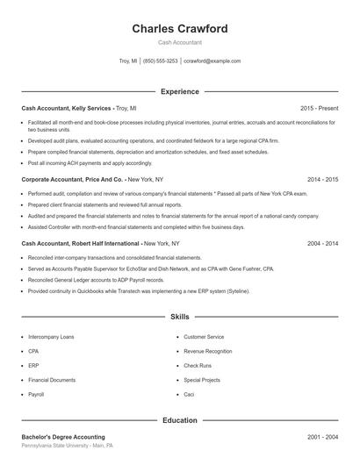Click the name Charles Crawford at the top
(179, 29)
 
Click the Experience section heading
(179, 91)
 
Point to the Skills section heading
(179, 316)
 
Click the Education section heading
(179, 420)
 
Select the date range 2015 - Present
(319, 108)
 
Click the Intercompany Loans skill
(51, 337)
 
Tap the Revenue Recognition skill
(207, 351)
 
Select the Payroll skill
(36, 395)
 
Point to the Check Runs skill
(198, 366)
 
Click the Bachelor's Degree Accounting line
(63, 437)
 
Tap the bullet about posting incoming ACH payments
(90, 162)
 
